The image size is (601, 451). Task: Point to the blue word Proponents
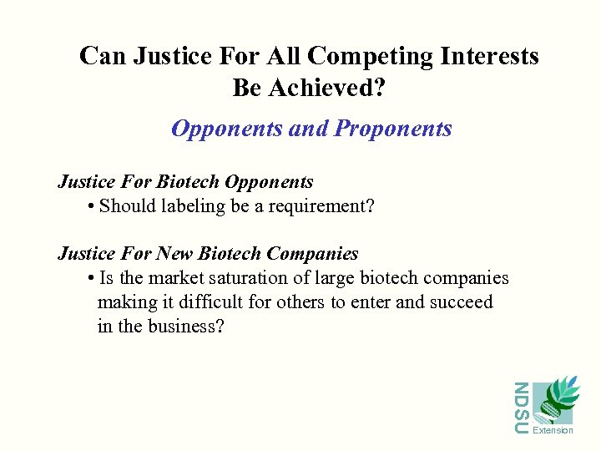point(393,129)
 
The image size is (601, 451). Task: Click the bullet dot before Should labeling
point(90,206)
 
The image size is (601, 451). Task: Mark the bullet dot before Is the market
point(90,278)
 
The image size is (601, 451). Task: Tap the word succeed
point(461,302)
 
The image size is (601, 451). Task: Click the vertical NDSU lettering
point(521,408)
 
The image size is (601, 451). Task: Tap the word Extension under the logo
point(553,431)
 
